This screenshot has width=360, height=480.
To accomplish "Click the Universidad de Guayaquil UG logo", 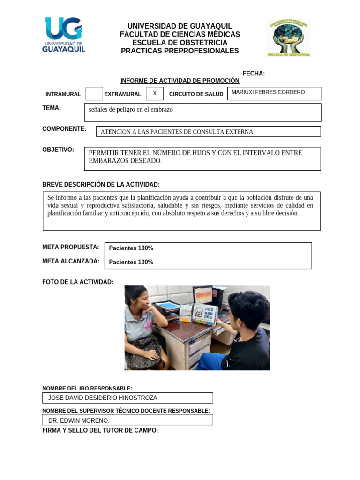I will click(64, 36).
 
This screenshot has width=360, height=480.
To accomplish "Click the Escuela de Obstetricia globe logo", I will click(288, 37).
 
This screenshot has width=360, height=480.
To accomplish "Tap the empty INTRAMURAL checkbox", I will click(94, 94).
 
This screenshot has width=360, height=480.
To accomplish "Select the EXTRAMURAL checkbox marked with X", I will click(155, 93).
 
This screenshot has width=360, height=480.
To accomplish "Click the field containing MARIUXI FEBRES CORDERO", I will click(274, 93).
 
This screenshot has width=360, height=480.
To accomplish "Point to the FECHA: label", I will click(254, 74).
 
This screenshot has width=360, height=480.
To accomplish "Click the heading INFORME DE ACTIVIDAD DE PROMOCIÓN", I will click(180, 81).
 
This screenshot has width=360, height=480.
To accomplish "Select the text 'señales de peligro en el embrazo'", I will click(131, 109).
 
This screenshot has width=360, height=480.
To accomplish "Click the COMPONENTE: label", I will click(64, 129).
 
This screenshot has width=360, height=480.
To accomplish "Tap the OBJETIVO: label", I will click(58, 150).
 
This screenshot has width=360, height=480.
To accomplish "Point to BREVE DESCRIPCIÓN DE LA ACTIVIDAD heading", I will click(101, 185).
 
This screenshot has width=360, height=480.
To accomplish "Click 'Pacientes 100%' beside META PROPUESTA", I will click(131, 248).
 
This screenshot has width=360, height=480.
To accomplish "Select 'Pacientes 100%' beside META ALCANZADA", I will click(131, 262).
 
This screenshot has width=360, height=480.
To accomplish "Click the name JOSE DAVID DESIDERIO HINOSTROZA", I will click(103, 398).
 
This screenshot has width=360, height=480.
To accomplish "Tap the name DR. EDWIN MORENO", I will click(79, 420).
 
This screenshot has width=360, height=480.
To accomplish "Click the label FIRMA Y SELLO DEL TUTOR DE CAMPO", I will click(100, 430).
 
